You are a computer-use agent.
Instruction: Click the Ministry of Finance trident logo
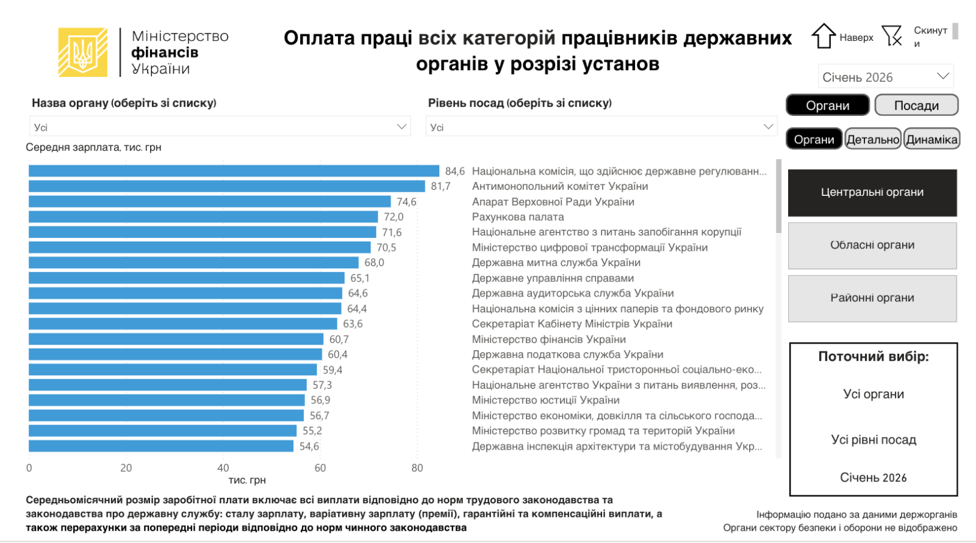coord(82,52)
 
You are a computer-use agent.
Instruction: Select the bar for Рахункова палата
coord(203,217)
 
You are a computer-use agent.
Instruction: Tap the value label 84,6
coord(454,171)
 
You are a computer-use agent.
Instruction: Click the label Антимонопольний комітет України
coord(559,186)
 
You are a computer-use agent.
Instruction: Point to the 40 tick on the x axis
coord(223,468)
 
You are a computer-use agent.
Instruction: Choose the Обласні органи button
coord(872,245)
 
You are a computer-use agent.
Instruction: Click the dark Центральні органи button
coord(872,193)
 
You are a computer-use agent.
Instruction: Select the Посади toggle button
coord(916,106)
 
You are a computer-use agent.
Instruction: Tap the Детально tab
coord(872,140)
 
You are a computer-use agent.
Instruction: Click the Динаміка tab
coord(931,140)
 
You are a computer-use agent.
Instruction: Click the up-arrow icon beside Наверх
coord(823,36)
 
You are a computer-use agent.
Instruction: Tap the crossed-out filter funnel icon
coord(892,36)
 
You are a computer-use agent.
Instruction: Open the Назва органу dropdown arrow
coord(401,126)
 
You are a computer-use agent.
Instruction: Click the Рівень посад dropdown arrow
coord(768,126)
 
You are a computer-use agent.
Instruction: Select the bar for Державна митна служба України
coord(193,262)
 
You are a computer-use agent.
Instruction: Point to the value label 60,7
coord(339,339)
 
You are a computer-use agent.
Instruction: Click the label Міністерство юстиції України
coord(545,400)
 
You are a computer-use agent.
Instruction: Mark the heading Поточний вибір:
coord(873,356)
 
